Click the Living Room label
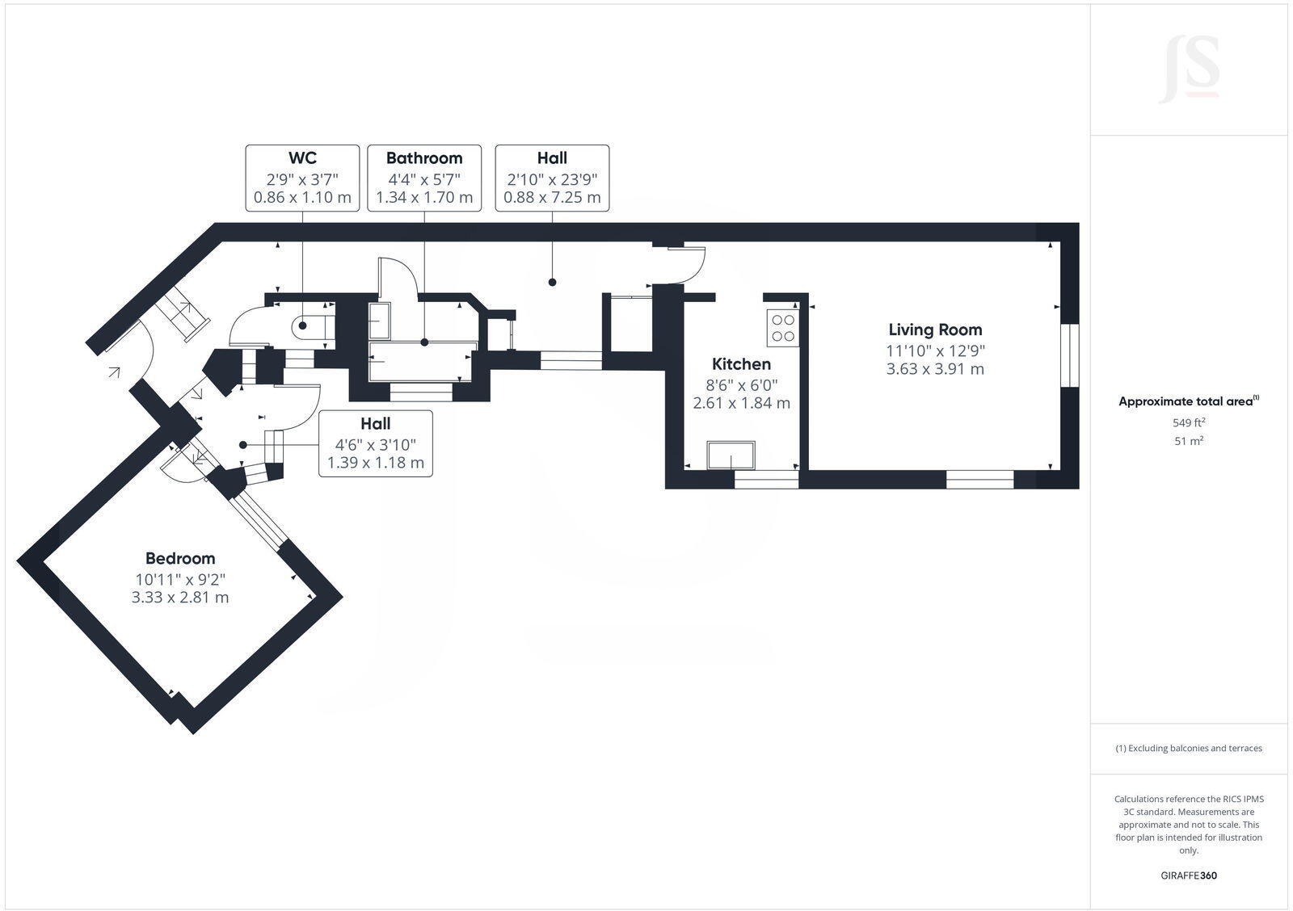click(935, 330)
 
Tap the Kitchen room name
click(741, 364)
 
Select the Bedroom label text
click(180, 558)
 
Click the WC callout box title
click(302, 158)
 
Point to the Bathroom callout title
click(424, 158)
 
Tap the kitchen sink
click(731, 455)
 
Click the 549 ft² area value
click(1189, 422)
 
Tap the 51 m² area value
click(1189, 441)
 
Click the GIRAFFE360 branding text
click(1189, 875)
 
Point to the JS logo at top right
click(1189, 70)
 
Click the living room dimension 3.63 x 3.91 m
click(935, 369)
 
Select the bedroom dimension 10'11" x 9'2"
click(180, 578)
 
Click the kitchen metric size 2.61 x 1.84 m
click(741, 403)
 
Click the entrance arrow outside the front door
click(114, 372)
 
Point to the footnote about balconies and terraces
click(1189, 749)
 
